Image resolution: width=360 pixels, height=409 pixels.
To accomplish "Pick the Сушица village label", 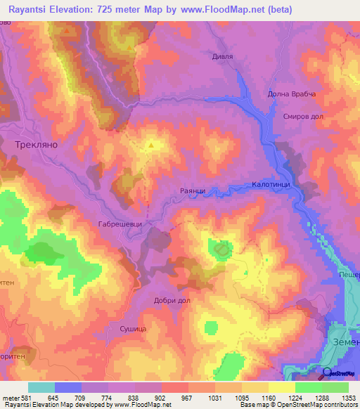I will click(131, 328).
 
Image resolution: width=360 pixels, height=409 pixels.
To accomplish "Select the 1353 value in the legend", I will click(347, 398).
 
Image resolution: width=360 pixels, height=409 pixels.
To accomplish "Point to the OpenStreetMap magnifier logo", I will click(326, 372).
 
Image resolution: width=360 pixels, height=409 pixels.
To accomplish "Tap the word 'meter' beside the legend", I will click(11, 398).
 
